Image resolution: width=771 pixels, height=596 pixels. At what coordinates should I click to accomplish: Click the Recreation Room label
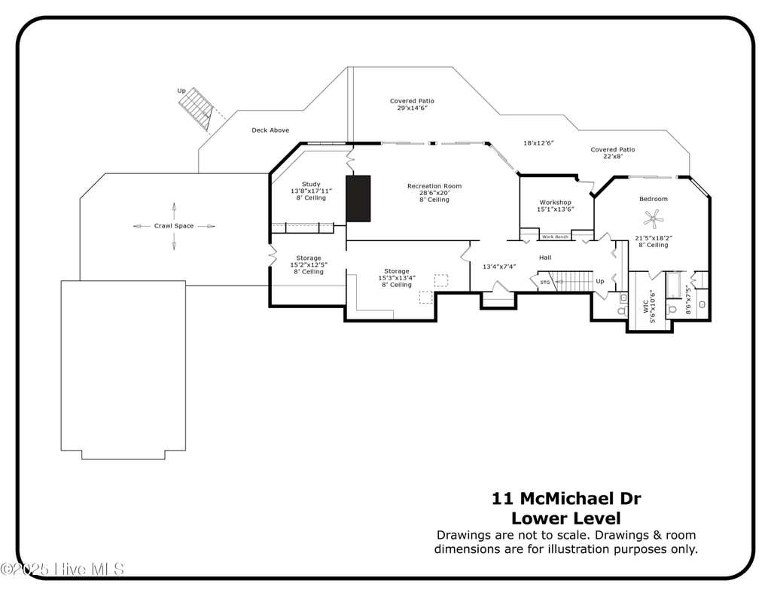[x=434, y=186]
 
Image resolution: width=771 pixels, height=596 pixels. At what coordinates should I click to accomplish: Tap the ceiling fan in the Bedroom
[x=654, y=218]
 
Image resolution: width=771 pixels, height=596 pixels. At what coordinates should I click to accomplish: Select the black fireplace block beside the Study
[x=358, y=198]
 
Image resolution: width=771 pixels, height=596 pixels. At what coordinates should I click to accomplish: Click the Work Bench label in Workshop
[x=555, y=237]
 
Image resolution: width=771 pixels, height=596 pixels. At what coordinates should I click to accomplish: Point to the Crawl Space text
[x=174, y=226]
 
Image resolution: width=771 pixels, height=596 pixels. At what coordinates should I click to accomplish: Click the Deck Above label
[x=270, y=130]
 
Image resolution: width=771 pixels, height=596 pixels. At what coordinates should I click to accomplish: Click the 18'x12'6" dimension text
[x=538, y=142]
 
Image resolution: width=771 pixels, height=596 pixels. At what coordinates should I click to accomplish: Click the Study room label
[x=311, y=184]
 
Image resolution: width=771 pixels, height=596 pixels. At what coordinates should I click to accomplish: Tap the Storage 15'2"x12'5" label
[x=308, y=264]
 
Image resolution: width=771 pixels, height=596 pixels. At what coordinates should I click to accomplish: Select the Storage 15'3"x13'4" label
[x=396, y=278]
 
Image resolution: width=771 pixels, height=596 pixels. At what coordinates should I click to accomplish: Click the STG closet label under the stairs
[x=545, y=283]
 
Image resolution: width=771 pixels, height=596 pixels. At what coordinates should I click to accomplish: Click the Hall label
[x=545, y=258]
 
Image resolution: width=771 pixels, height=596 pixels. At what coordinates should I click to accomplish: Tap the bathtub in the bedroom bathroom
[x=672, y=285]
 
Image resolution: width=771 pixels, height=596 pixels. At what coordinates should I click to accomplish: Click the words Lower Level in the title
[x=566, y=518]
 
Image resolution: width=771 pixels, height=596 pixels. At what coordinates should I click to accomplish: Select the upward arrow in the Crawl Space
[x=174, y=211]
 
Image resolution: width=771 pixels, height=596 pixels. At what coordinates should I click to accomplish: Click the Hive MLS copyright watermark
[x=62, y=570]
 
